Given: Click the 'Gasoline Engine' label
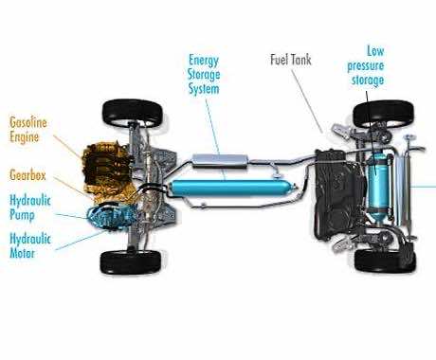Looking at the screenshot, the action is point(28,130).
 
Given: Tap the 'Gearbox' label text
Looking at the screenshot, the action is point(27,175).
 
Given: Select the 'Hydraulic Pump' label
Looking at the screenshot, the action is point(30,207).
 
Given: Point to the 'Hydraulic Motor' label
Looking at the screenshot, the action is point(30,245).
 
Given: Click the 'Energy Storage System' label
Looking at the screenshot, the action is point(204,75).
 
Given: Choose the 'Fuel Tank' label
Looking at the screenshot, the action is point(291,60).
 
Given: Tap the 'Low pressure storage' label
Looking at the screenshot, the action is point(366,65).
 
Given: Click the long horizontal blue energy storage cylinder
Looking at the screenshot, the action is point(232,189).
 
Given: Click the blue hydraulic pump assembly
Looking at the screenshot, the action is point(111,216).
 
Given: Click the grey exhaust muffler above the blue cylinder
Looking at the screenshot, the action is point(220,160).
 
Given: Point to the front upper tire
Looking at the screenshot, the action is point(133,113).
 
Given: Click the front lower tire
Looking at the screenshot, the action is point(131,262).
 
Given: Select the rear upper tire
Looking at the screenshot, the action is point(383,113).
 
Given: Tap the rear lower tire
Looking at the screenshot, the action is point(385,261).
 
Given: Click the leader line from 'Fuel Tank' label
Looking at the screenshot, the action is point(307,101).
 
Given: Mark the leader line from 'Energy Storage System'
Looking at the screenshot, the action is point(215,139).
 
